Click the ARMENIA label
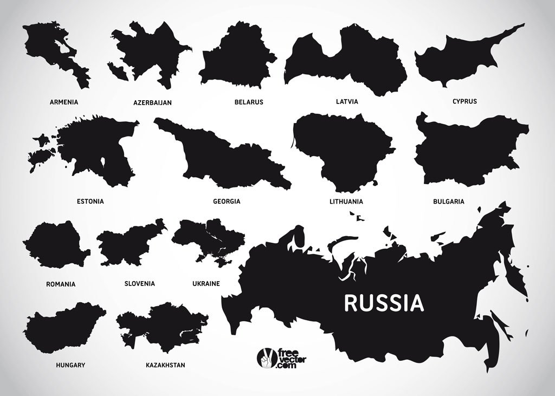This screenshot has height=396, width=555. [64, 102]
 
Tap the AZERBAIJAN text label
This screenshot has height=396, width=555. [152, 102]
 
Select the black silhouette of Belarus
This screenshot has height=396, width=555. [237, 60]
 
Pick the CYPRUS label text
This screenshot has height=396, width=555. [464, 101]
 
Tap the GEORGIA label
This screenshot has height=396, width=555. [227, 202]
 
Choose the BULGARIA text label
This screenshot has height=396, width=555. [448, 202]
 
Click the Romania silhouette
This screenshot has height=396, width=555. [54, 246]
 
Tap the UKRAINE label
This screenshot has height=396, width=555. [206, 283]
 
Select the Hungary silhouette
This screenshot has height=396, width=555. [62, 328]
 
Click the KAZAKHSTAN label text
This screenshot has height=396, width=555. [165, 365]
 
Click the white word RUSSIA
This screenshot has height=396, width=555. [384, 303]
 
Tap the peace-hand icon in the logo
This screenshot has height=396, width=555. [266, 358]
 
